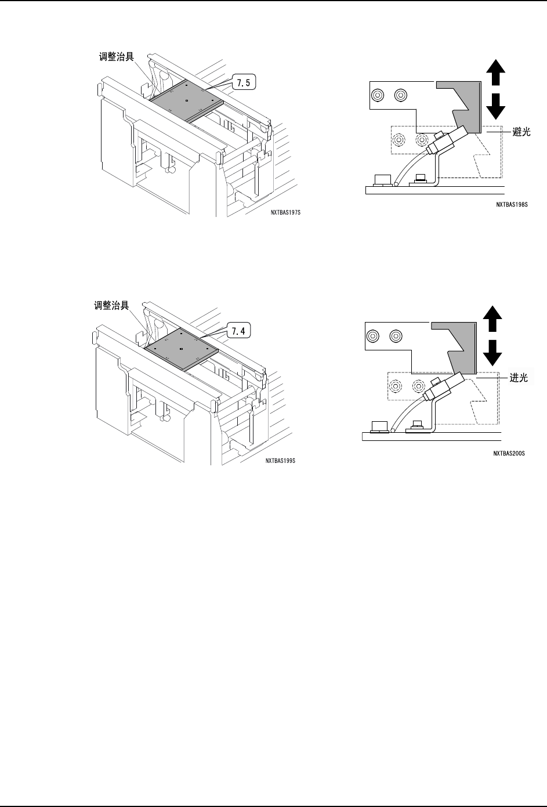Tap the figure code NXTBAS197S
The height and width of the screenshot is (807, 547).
pyautogui.click(x=286, y=212)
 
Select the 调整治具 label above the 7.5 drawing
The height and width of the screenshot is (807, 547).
pyautogui.click(x=115, y=57)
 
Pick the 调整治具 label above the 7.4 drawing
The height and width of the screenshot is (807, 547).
pyautogui.click(x=113, y=303)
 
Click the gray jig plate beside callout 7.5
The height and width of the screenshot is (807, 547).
pyautogui.click(x=185, y=99)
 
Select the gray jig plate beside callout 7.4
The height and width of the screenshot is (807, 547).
pyautogui.click(x=181, y=347)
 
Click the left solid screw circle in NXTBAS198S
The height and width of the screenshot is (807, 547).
pyautogui.click(x=378, y=95)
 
